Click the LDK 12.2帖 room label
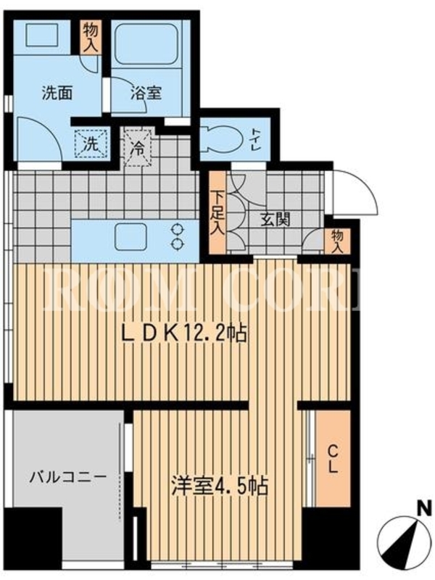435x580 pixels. coord(185,334)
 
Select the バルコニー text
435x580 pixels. coord(68,477)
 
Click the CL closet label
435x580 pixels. coord(333,459)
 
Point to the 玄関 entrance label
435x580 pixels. coord(275,220)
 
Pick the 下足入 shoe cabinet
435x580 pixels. coord(217,212)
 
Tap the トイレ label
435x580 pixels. coord(256,139)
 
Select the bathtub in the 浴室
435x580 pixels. coord(146,43)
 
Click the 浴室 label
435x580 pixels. coord(146,93)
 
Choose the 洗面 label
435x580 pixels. coord(57,93)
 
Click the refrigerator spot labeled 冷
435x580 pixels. coord(138,148)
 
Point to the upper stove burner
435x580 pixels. coord(178,230)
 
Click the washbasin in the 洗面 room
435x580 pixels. coord(41,35)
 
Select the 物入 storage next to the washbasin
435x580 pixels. coord(91,38)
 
